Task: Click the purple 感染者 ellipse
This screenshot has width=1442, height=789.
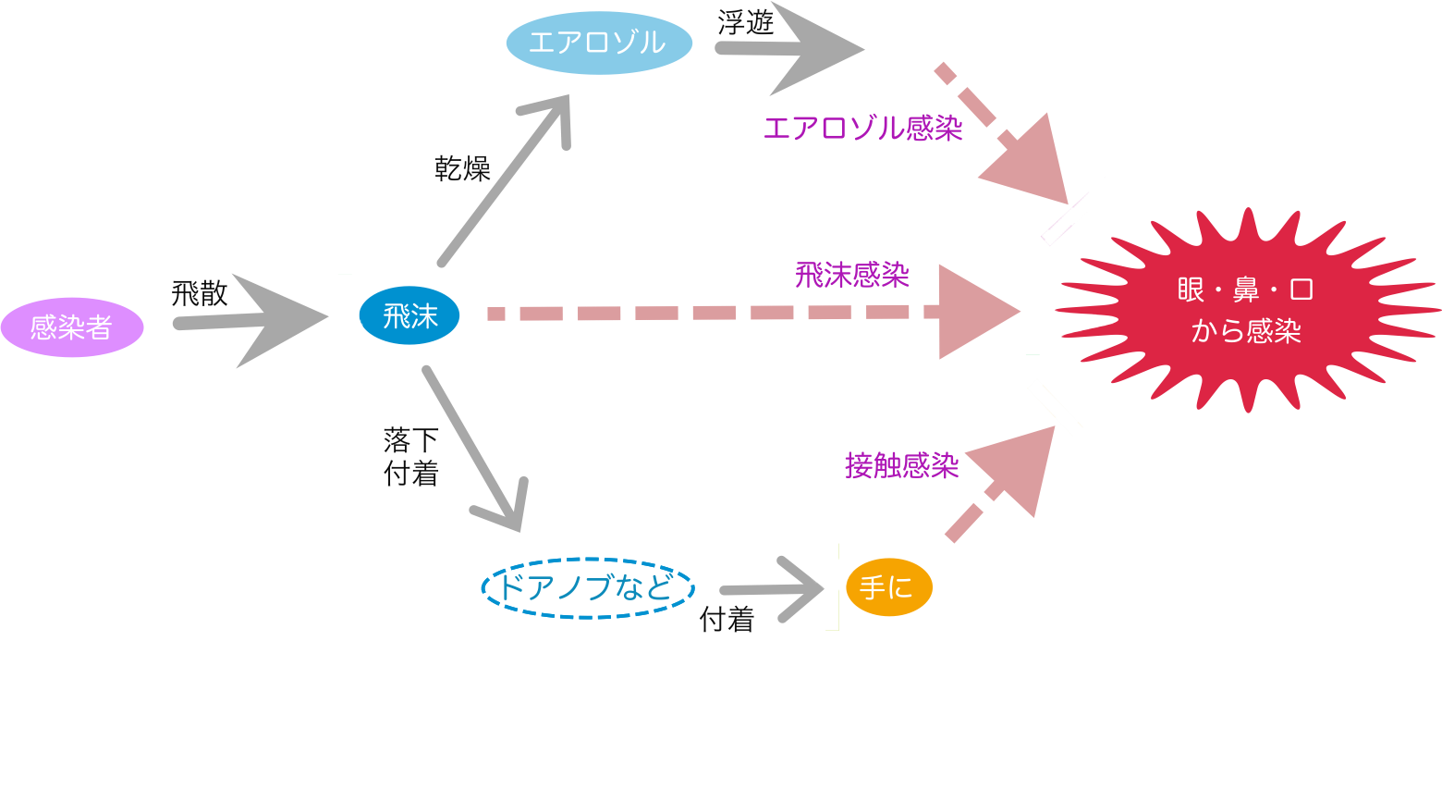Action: pyautogui.click(x=72, y=327)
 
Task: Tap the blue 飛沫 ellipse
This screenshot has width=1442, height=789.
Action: pyautogui.click(x=409, y=316)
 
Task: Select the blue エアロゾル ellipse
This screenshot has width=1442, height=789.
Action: pyautogui.click(x=598, y=43)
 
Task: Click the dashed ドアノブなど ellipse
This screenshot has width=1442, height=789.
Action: pyautogui.click(x=588, y=587)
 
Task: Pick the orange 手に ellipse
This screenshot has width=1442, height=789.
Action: pyautogui.click(x=887, y=587)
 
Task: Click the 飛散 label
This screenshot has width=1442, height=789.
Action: pyautogui.click(x=199, y=294)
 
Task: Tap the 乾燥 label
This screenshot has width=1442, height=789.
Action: pyautogui.click(x=462, y=168)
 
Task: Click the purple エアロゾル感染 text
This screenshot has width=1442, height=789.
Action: pyautogui.click(x=862, y=128)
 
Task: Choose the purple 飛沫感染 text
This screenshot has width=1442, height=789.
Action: pyautogui.click(x=851, y=275)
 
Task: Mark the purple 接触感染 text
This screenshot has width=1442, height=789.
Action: pyautogui.click(x=901, y=465)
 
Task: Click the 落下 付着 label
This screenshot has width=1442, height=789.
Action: pyautogui.click(x=411, y=455)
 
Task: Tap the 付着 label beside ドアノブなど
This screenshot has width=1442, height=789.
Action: pyautogui.click(x=727, y=619)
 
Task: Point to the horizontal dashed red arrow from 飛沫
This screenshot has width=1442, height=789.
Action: pyautogui.click(x=739, y=313)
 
